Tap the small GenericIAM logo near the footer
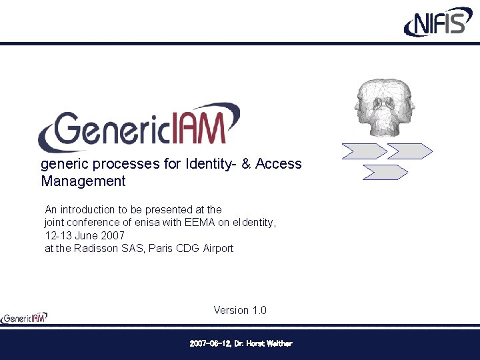pyautogui.click(x=24, y=318)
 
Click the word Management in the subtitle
pyautogui.click(x=83, y=181)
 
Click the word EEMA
pyautogui.click(x=201, y=223)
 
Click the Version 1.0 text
pyautogui.click(x=240, y=310)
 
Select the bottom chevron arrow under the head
pyautogui.click(x=385, y=173)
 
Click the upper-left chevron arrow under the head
pyautogui.click(x=364, y=151)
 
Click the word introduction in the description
pyautogui.click(x=87, y=209)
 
